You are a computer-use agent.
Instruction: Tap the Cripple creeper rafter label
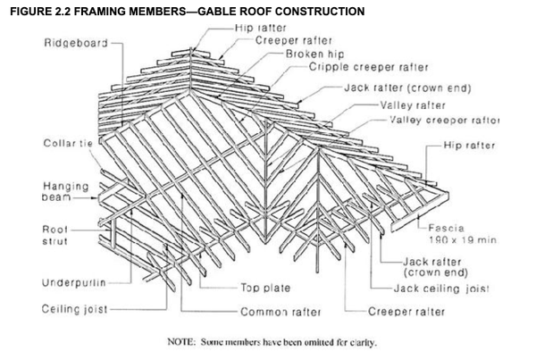click(x=369, y=67)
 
